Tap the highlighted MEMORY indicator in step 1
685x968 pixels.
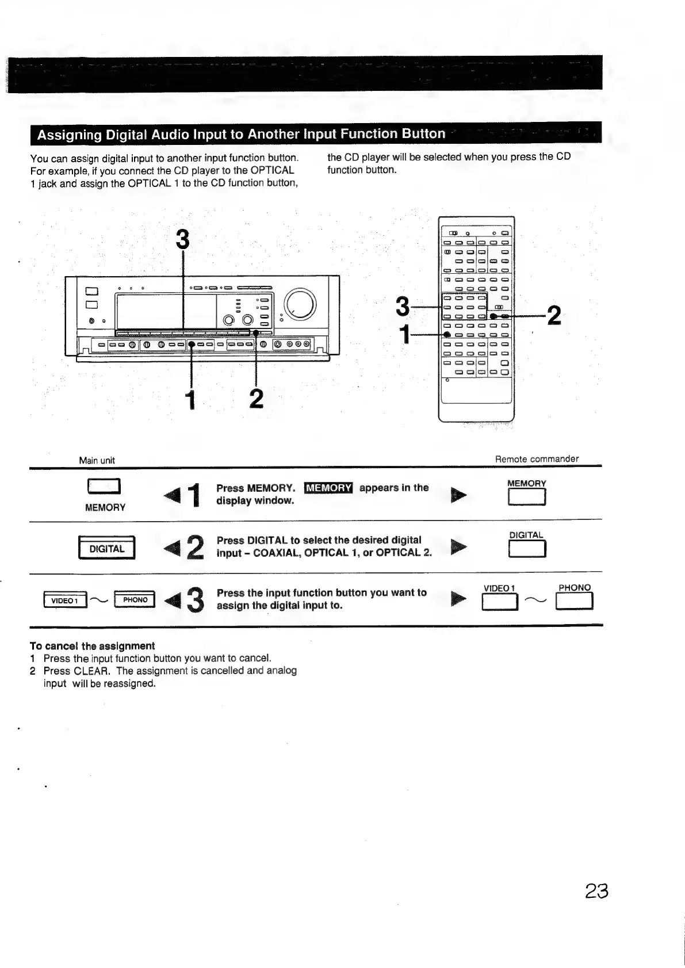(328, 488)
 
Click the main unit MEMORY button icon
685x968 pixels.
(104, 487)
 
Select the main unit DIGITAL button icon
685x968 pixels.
(106, 548)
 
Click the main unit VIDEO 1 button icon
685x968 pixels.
(64, 600)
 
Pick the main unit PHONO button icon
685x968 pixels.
(135, 599)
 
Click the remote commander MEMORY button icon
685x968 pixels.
(526, 496)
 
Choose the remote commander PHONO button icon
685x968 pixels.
(574, 601)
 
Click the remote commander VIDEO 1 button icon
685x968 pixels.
(500, 602)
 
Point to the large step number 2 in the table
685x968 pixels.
(196, 548)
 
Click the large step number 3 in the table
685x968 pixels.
(196, 600)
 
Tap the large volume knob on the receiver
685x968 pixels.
(300, 303)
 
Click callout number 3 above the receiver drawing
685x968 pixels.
(182, 239)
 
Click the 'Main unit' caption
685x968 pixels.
(97, 460)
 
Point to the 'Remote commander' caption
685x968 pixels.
(537, 459)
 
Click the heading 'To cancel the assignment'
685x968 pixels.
(92, 646)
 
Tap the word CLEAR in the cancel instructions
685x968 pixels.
(91, 671)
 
